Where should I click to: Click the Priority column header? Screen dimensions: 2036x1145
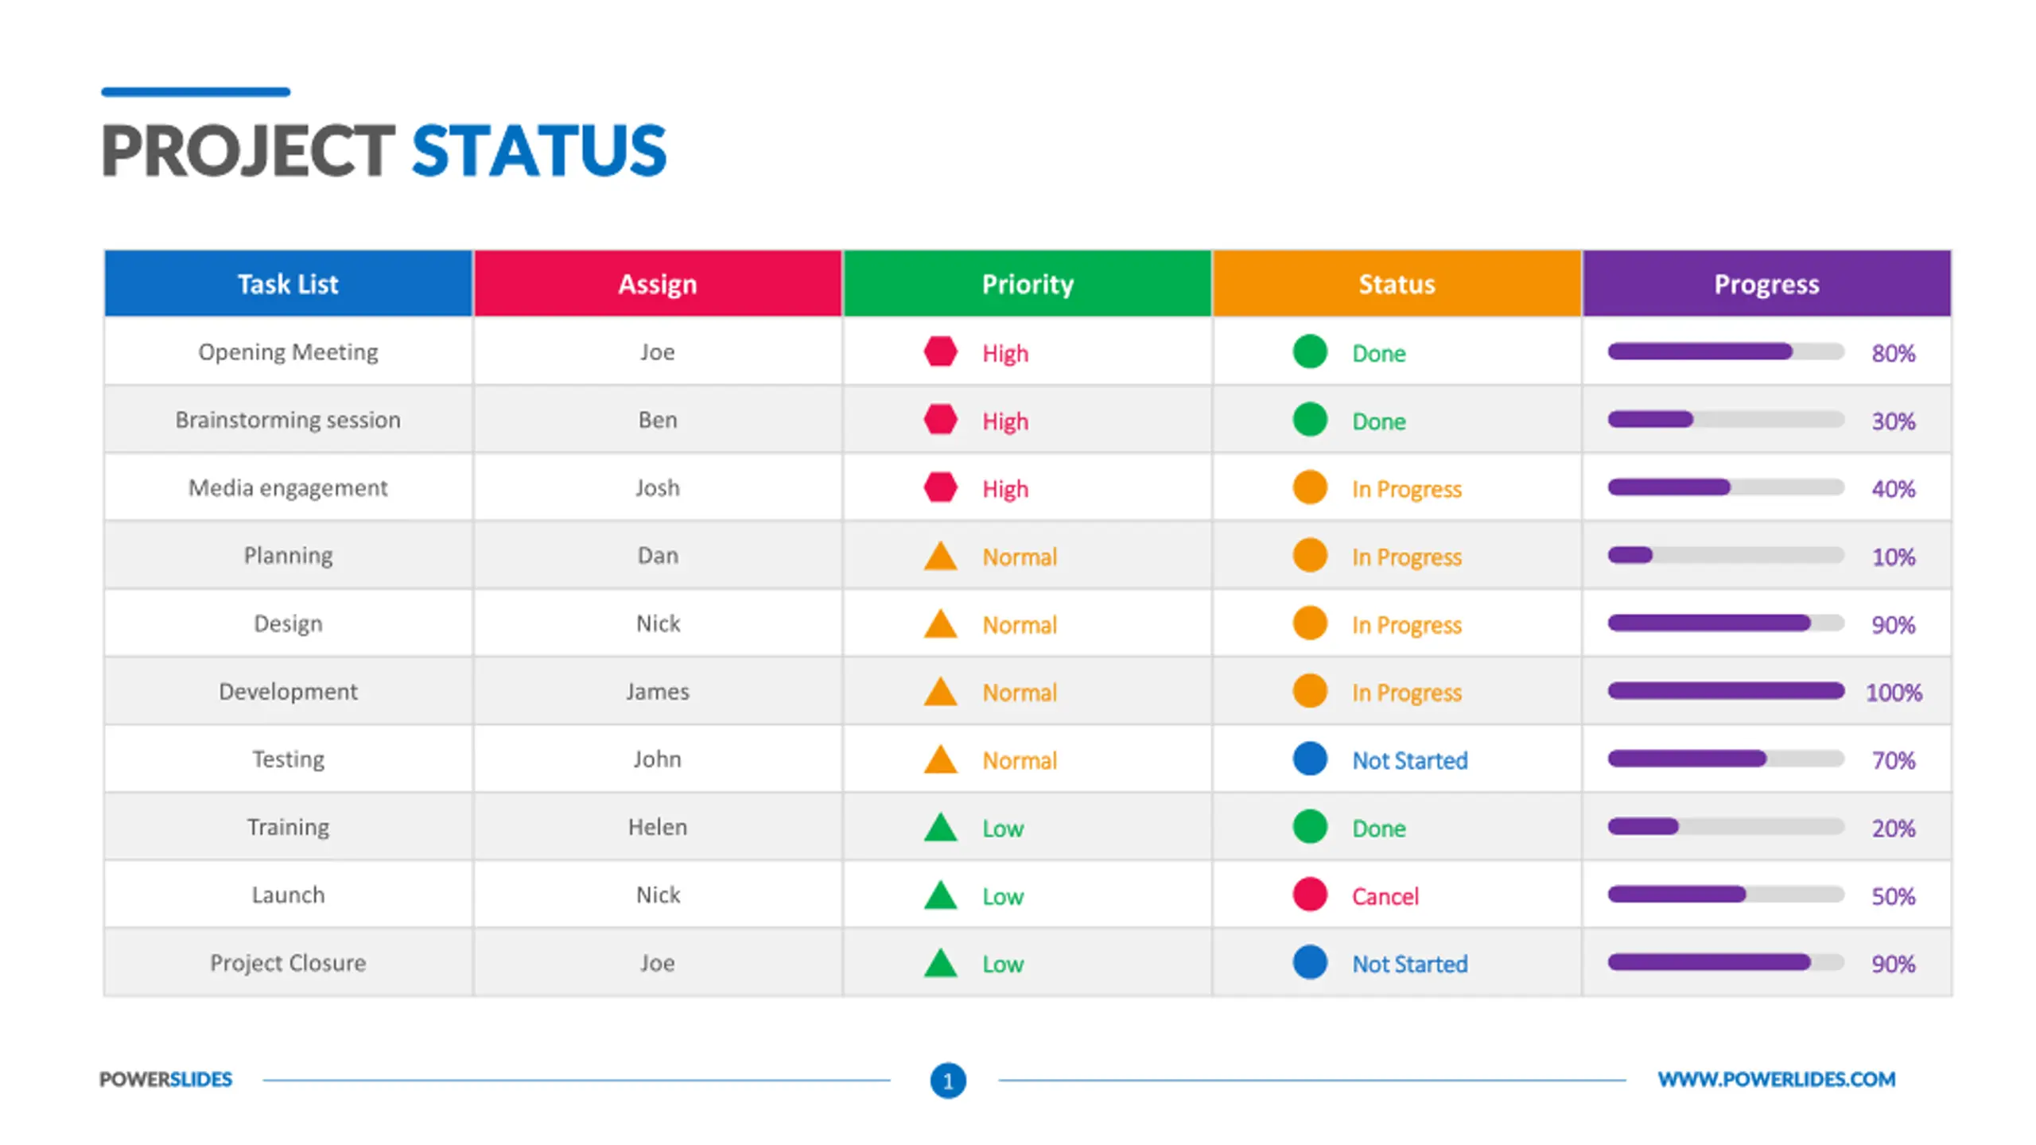1027,284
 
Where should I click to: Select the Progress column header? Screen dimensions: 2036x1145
1766,284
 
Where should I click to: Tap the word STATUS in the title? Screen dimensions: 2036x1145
539,150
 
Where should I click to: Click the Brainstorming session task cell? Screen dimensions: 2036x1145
288,420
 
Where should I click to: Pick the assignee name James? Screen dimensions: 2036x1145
658,692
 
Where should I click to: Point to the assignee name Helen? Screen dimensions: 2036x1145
658,827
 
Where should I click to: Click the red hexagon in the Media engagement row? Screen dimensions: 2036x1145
940,487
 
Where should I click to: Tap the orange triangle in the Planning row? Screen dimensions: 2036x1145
940,556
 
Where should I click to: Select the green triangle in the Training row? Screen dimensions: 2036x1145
940,827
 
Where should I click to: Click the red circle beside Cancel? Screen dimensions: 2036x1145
1310,895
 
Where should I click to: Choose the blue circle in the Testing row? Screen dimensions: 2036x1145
1310,759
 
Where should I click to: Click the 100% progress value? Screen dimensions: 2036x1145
1894,693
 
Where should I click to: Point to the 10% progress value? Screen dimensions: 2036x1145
1894,557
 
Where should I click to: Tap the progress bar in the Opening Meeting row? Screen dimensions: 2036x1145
1726,351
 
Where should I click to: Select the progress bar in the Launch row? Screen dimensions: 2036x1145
1726,895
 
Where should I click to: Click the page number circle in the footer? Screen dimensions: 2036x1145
948,1081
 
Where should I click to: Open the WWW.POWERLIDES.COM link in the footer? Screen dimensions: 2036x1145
1777,1079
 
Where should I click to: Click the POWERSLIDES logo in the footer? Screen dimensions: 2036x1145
165,1079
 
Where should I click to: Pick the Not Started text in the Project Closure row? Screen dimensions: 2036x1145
1410,964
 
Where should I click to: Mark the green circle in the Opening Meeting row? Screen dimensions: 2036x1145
1310,351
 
